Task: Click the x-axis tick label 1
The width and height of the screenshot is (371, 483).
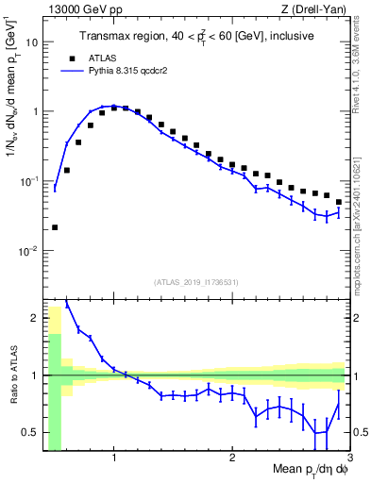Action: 114,458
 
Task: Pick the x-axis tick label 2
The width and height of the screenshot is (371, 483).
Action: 232,458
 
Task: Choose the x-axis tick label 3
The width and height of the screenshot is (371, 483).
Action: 349,458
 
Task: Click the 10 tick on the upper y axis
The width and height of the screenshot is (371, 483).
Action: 30,42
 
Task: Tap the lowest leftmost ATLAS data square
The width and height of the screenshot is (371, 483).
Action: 55,227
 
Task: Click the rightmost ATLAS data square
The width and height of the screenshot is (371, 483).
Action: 339,202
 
